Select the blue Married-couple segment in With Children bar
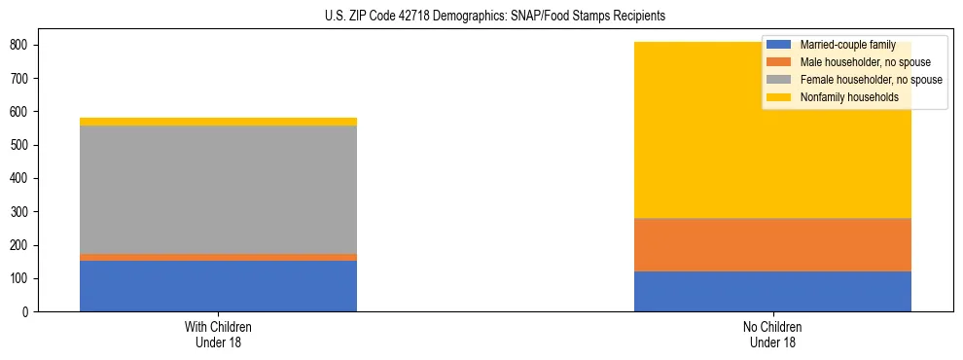218,286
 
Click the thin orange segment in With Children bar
218,257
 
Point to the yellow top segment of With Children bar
218,122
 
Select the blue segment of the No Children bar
772,291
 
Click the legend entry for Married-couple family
839,45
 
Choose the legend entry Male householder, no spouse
851,62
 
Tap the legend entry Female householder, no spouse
856,80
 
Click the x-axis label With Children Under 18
218,335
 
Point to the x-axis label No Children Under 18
772,335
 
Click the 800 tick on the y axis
26,45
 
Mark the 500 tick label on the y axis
26,145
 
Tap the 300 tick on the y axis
26,212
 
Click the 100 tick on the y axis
26,279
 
